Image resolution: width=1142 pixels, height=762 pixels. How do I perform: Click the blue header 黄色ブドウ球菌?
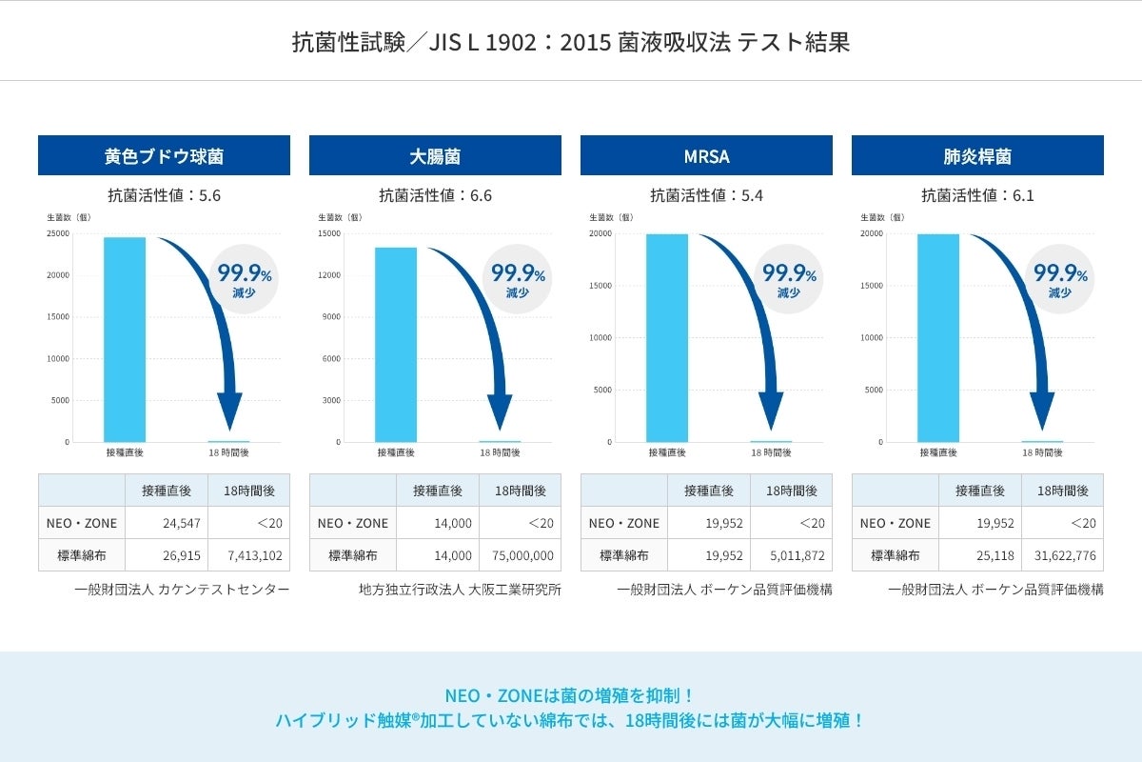[x=164, y=155]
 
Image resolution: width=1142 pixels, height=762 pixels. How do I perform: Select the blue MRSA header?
[x=706, y=155]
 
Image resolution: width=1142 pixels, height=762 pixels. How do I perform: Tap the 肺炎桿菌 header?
[x=977, y=155]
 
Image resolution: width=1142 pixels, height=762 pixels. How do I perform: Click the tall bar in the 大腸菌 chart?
[x=396, y=344]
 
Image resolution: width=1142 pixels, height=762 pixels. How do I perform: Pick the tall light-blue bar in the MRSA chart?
[x=667, y=337]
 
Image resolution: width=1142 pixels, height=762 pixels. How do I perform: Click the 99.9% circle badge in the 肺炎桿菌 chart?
[x=1060, y=280]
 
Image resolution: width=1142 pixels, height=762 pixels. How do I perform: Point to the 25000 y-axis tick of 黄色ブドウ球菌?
[x=58, y=233]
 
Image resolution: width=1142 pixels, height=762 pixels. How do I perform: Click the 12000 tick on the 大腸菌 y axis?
[x=329, y=275]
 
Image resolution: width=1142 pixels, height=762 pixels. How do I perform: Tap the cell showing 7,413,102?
[x=248, y=554]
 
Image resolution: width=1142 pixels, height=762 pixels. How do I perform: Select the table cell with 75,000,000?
[x=520, y=554]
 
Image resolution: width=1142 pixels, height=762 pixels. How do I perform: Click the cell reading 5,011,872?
[x=791, y=554]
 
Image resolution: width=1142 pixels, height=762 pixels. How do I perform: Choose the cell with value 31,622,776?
[x=1062, y=554]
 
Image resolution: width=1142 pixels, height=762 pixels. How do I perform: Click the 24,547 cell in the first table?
[x=167, y=523]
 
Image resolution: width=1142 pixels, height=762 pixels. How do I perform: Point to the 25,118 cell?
[x=980, y=554]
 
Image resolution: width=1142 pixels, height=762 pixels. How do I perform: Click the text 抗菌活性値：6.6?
[x=435, y=196]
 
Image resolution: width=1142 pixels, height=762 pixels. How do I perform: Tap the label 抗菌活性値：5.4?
[x=706, y=196]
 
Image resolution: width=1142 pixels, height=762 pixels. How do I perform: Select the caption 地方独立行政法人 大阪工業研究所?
[x=460, y=590]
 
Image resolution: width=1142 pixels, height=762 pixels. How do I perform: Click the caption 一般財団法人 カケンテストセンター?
[x=182, y=590]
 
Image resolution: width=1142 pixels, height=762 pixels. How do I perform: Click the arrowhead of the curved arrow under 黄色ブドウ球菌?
[x=229, y=411]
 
